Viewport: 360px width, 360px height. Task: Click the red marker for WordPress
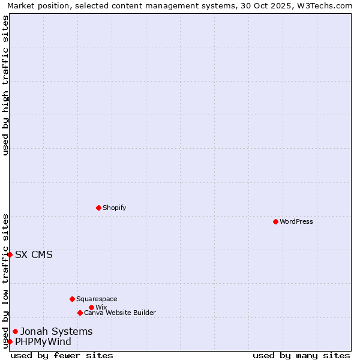275,221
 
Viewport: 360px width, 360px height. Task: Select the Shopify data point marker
98,208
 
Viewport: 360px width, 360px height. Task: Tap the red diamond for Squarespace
72,299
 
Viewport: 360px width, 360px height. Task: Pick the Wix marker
91,307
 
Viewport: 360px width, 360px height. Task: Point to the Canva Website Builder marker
80,313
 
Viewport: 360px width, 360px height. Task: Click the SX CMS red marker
10,254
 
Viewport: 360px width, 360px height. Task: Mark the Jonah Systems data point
15,331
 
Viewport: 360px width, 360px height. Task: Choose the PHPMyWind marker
10,341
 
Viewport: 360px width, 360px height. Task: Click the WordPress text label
296,221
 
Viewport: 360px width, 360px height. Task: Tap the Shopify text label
114,208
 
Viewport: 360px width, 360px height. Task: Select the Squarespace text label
97,299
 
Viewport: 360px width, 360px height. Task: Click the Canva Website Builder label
120,313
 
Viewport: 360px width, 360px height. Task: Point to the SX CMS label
34,254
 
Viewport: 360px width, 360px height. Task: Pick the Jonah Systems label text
56,331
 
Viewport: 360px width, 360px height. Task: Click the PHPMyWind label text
43,341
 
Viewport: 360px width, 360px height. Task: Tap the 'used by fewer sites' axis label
62,355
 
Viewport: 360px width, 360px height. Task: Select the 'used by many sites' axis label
301,355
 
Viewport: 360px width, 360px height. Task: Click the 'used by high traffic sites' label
5,85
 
